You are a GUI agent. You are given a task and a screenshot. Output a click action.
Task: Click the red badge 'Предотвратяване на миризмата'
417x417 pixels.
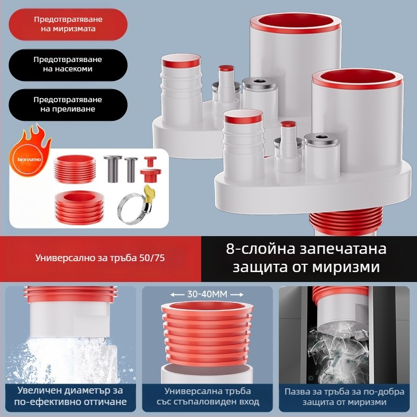pyautogui.click(x=68, y=24)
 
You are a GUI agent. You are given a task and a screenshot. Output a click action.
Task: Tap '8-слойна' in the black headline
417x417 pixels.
pyautogui.click(x=254, y=249)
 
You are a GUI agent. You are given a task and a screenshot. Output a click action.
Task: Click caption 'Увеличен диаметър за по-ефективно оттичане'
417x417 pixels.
pyautogui.click(x=71, y=396)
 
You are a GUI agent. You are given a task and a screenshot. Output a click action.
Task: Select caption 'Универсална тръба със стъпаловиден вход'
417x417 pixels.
pyautogui.click(x=207, y=396)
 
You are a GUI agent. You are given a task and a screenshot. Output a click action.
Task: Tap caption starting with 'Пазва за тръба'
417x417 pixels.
pyautogui.click(x=343, y=396)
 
